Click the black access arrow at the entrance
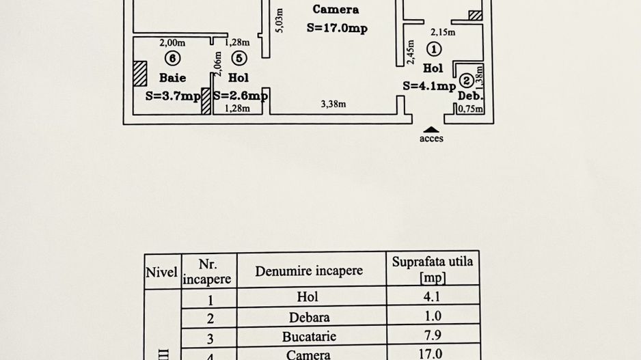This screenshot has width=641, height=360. click(431, 129)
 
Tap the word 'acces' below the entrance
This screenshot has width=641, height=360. click(431, 139)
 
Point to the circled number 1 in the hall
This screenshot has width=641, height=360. click(433, 49)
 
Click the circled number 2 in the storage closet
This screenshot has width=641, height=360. click(466, 79)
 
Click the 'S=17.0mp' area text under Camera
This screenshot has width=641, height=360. click(337, 28)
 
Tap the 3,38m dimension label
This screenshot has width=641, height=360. click(333, 105)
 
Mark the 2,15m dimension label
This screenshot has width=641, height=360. click(442, 32)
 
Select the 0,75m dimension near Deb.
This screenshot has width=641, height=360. click(470, 109)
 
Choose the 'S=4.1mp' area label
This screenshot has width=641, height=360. click(428, 85)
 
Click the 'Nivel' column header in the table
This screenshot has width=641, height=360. click(162, 271)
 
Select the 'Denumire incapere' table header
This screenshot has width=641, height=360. click(309, 271)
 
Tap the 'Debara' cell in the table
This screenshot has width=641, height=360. click(309, 318)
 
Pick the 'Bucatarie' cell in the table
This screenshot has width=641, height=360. click(309, 336)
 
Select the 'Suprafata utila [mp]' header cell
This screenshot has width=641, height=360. click(432, 270)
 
